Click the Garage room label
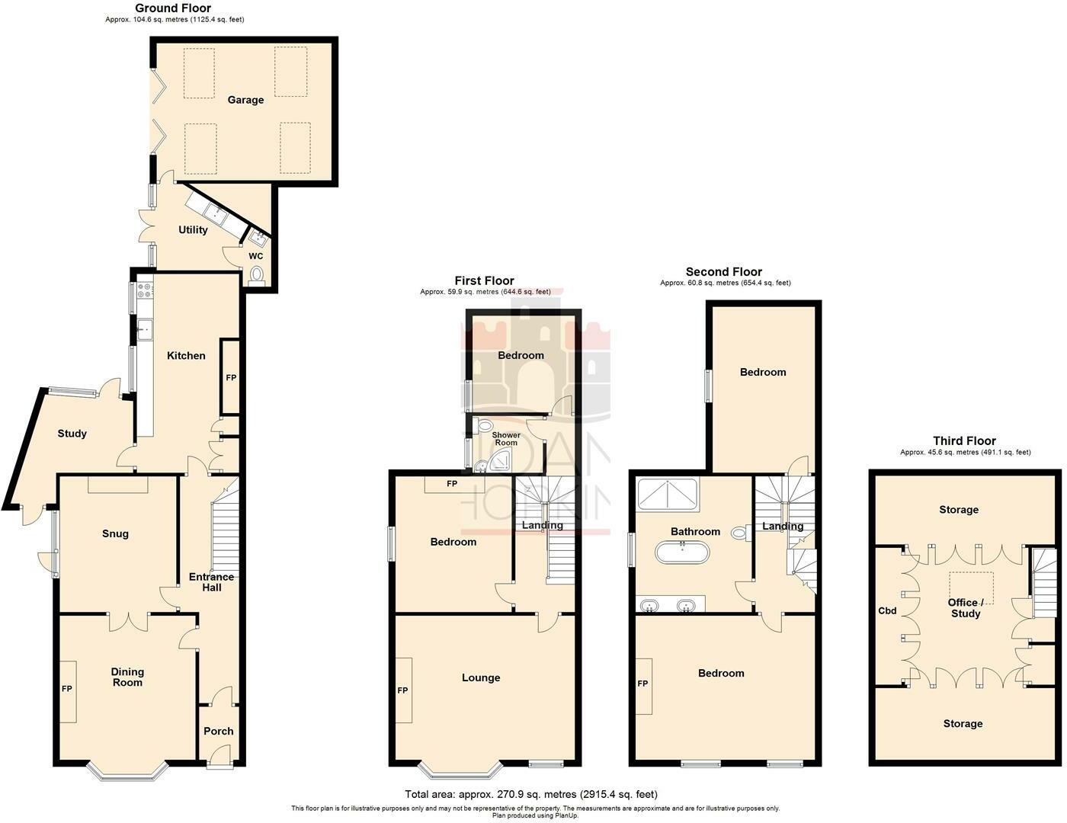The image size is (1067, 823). [x=245, y=100]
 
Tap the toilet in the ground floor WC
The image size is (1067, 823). [x=256, y=274]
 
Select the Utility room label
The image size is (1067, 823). [x=193, y=230]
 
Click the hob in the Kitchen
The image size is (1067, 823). [x=143, y=290]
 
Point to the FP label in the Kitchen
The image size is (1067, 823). [x=231, y=378]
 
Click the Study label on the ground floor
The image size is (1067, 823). [x=72, y=434]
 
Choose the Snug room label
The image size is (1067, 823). [x=116, y=534]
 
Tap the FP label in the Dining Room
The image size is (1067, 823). [x=67, y=689]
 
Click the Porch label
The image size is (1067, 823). [x=219, y=732]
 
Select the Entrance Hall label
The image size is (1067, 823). [x=211, y=582]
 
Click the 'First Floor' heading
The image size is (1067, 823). [x=484, y=280]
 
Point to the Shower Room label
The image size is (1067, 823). [x=506, y=439]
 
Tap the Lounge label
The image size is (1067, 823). [x=481, y=677]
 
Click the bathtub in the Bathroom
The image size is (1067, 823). [x=682, y=552]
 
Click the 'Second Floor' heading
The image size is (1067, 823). [x=723, y=272]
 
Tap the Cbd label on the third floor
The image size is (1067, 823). [x=887, y=611]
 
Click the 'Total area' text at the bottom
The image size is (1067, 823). [x=530, y=794]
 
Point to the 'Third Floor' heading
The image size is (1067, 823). [x=964, y=441]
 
